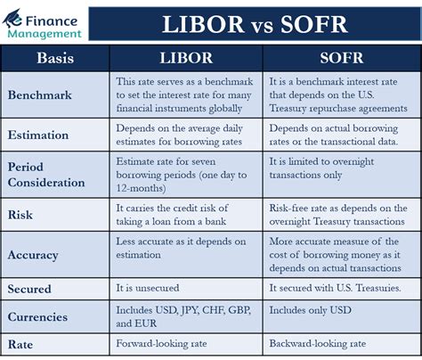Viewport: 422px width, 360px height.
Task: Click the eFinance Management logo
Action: pyautogui.click(x=44, y=21)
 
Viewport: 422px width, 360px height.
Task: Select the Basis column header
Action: pyautogui.click(x=57, y=59)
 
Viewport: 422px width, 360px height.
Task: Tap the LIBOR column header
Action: pyautogui.click(x=185, y=59)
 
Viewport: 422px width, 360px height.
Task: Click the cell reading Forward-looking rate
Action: pyautogui.click(x=161, y=344)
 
